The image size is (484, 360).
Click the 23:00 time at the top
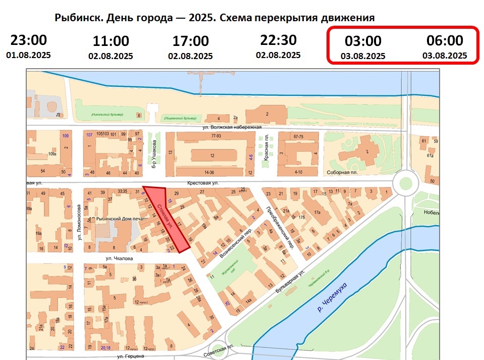[29, 40]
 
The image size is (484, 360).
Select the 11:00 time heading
[111, 41]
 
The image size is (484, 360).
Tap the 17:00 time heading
[190, 41]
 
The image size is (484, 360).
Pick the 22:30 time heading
[278, 39]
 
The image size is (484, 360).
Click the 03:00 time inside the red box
[363, 41]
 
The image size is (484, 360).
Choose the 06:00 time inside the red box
[445, 40]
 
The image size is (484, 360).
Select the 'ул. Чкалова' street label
[119, 259]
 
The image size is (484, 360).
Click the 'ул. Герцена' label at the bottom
[128, 356]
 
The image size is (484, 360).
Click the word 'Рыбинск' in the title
[78, 18]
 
